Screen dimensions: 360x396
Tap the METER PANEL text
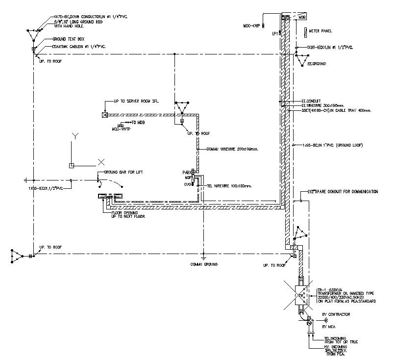click(321, 31)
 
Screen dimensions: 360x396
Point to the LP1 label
click(275, 33)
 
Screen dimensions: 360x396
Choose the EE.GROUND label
click(317, 64)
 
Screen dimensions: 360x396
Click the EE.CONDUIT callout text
click(311, 101)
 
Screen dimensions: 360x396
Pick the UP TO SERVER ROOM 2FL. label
click(136, 101)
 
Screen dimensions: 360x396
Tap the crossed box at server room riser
click(104, 115)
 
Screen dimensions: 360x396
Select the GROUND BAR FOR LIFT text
click(123, 172)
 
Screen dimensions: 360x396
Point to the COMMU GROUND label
click(204, 264)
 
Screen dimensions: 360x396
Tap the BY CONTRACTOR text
click(336, 314)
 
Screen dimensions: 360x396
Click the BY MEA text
click(329, 326)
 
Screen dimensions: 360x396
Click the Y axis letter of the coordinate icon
click(74, 135)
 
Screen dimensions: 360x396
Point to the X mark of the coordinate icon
click(101, 161)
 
